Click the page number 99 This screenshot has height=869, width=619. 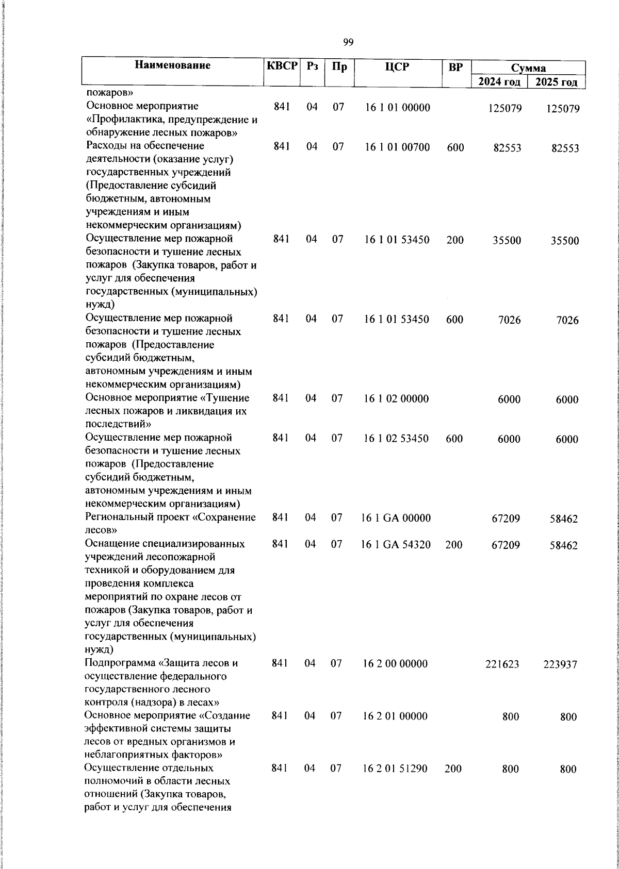pos(348,42)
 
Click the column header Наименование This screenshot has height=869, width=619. pos(173,65)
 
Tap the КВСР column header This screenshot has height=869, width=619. pos(282,66)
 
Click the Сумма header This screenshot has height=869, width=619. pos(528,68)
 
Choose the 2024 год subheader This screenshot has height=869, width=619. pos(499,81)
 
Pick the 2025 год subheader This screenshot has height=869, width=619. pos(556,82)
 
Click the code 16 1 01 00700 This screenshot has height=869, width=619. pos(397,147)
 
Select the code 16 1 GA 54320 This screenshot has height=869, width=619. pos(396,545)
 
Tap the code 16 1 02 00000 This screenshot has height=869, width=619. pos(396,399)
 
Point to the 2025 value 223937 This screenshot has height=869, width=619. pos(560,665)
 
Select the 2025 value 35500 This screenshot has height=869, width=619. pos(564,241)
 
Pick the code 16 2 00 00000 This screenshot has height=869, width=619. pos(395,664)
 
